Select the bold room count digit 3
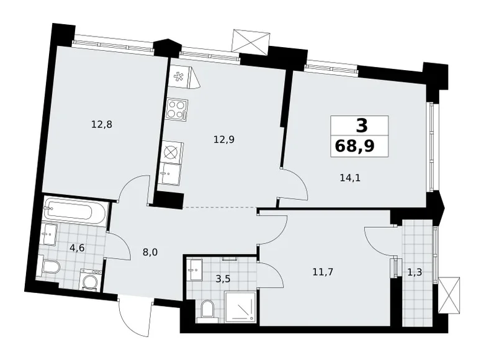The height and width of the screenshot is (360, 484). pos(362,125)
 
